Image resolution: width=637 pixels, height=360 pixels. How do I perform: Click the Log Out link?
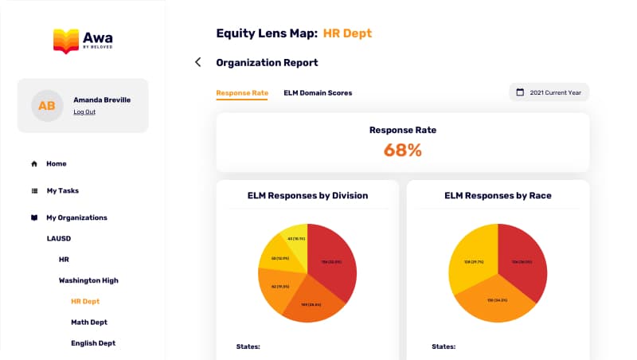pyautogui.click(x=84, y=112)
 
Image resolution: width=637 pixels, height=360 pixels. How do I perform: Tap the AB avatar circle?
pyautogui.click(x=47, y=106)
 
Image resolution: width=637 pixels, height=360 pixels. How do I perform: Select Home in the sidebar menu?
pyautogui.click(x=56, y=164)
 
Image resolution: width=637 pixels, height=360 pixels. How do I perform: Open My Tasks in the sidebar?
pyautogui.click(x=62, y=191)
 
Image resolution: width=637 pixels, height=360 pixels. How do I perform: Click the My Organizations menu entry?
pyautogui.click(x=76, y=217)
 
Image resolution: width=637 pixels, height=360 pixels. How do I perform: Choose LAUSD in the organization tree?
pyautogui.click(x=59, y=238)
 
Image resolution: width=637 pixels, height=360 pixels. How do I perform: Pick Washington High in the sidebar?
pyautogui.click(x=88, y=280)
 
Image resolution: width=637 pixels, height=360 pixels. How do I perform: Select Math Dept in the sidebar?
pyautogui.click(x=89, y=323)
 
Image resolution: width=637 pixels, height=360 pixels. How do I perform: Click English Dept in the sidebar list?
pyautogui.click(x=93, y=343)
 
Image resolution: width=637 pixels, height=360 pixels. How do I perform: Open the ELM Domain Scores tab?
pyautogui.click(x=318, y=93)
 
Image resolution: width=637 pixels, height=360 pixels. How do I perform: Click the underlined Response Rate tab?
pyautogui.click(x=242, y=93)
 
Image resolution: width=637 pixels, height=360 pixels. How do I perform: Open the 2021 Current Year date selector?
pyautogui.click(x=549, y=92)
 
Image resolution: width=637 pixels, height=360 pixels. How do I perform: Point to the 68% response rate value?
pyautogui.click(x=402, y=150)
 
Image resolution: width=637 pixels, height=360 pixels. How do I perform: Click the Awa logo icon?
pyautogui.click(x=65, y=41)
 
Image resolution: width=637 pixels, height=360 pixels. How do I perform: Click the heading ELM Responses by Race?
pyautogui.click(x=498, y=195)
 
